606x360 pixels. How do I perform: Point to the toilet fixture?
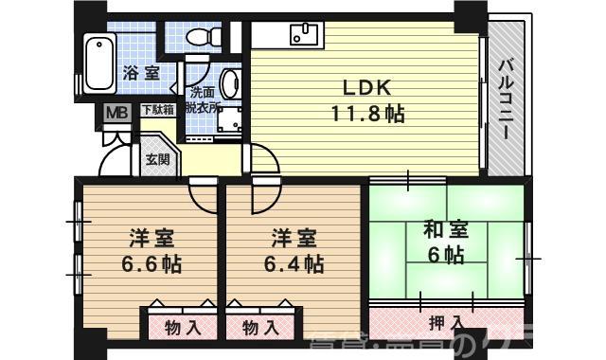point(199,38)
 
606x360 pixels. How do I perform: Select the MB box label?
point(116,112)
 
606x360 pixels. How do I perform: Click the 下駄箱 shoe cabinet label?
point(158,110)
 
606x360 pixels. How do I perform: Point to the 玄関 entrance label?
point(158,158)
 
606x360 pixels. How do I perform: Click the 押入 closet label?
point(442,324)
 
